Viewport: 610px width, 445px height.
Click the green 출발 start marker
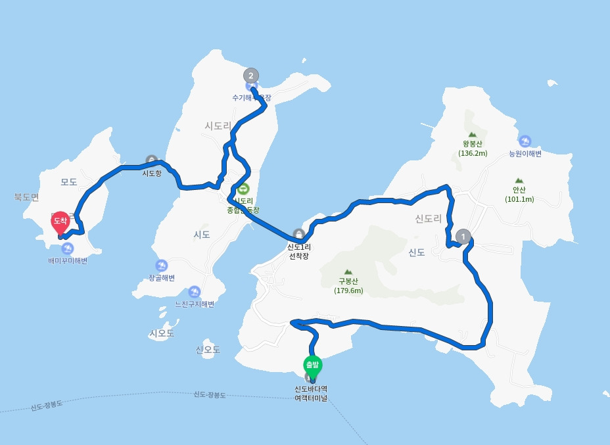click(312, 365)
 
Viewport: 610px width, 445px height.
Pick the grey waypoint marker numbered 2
click(250, 75)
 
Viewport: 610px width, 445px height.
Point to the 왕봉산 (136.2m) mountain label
click(473, 148)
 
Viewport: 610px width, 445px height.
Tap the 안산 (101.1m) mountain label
click(519, 195)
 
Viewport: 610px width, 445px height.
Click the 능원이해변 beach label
click(525, 154)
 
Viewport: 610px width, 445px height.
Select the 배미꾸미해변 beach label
click(68, 260)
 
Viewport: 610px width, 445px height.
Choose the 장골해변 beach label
click(162, 278)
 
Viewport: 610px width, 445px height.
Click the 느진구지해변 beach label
click(195, 304)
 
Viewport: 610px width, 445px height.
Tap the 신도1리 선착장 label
click(298, 251)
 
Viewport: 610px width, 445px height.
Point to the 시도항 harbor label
click(152, 174)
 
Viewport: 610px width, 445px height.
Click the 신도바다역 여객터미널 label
click(311, 393)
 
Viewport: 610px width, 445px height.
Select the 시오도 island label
click(162, 333)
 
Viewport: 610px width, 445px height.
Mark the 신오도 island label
click(208, 349)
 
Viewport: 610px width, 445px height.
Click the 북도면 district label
click(26, 197)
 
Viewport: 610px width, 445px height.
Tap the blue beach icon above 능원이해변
click(525, 141)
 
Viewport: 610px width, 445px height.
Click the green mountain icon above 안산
click(519, 180)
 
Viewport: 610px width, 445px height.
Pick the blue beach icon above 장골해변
click(161, 266)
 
